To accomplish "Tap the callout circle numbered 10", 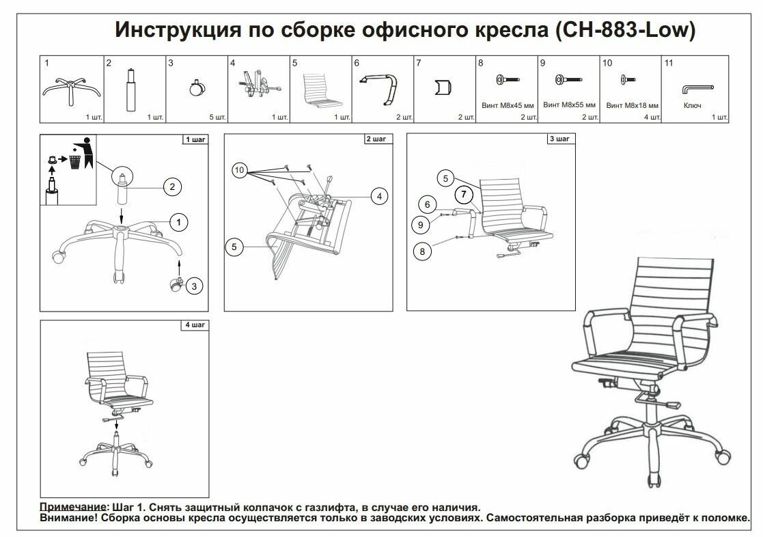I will (239, 170).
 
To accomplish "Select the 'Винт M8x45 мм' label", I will (507, 106).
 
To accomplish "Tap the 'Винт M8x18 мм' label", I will (632, 106).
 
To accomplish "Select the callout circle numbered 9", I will (419, 223).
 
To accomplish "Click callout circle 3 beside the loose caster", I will (195, 286).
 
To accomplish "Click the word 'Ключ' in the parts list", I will (691, 106).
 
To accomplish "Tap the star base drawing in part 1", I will (71, 89).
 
